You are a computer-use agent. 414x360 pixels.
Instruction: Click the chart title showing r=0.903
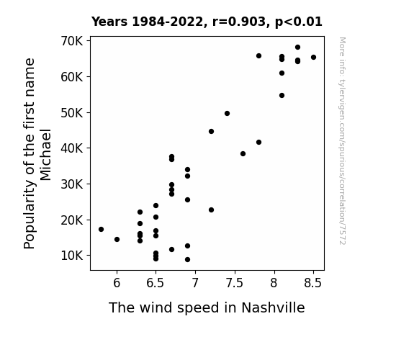tap(207, 22)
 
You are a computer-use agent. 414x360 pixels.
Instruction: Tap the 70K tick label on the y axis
tap(72, 41)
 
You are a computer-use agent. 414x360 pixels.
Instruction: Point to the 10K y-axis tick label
tap(72, 256)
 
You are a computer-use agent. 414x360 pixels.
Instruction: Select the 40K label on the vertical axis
tap(72, 148)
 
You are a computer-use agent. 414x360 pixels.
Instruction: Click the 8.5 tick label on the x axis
tap(313, 283)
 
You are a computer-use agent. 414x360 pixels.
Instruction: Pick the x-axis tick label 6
tap(117, 283)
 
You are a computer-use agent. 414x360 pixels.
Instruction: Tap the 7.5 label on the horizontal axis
tap(235, 283)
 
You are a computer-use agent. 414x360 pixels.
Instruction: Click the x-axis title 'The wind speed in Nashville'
tap(207, 307)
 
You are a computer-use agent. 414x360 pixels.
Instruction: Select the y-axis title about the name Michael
tap(37, 153)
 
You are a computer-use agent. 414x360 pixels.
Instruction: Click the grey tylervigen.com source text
tap(342, 141)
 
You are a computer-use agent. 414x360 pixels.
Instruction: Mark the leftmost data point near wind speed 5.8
tap(101, 229)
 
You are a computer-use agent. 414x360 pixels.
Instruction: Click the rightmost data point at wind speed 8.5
tap(313, 58)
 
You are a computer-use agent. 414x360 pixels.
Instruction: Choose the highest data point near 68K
tap(297, 48)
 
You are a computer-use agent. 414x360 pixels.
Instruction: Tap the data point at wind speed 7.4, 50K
tap(227, 113)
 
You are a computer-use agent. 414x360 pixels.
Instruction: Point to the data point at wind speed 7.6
tap(243, 153)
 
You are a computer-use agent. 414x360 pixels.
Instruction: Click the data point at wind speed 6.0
tap(117, 239)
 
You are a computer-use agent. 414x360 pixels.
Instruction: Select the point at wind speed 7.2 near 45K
tap(211, 131)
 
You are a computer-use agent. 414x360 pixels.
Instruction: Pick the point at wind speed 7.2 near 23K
tap(211, 210)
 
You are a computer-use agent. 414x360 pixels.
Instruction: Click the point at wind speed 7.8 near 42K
tap(258, 143)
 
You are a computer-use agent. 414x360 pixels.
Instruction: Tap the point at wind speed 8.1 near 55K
tap(282, 95)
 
